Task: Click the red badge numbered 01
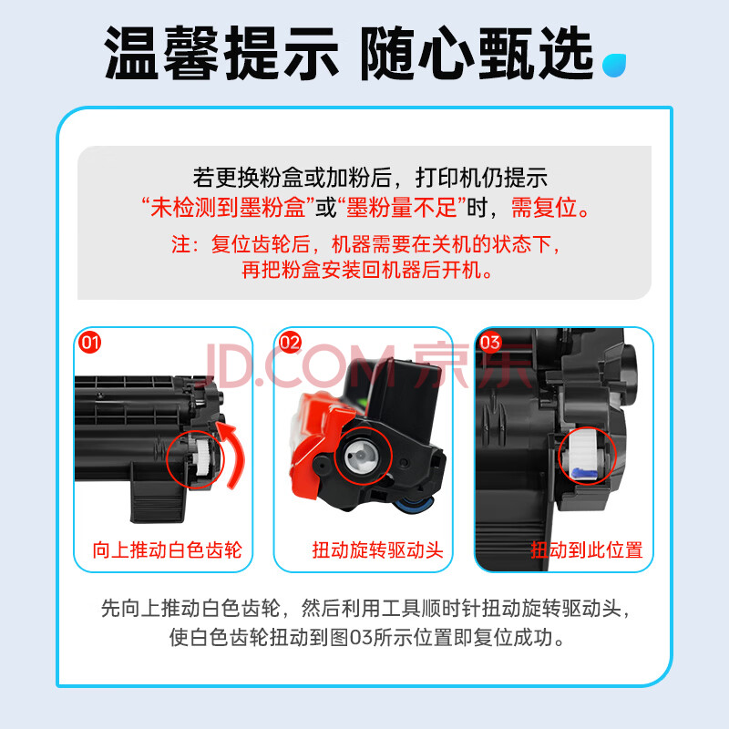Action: (x=89, y=343)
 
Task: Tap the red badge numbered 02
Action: (x=290, y=343)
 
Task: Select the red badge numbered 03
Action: (x=490, y=343)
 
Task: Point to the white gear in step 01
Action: (x=202, y=458)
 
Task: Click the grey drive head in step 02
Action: (x=361, y=456)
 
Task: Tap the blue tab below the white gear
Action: (x=583, y=474)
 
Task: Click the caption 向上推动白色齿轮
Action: (x=167, y=550)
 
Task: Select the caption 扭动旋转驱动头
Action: (x=377, y=550)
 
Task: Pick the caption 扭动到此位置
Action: (x=587, y=550)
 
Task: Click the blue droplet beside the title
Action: (x=613, y=65)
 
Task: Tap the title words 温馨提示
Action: (x=221, y=53)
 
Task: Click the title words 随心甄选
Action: (x=477, y=53)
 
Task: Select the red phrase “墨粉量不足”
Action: (x=402, y=208)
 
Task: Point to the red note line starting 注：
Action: (x=365, y=244)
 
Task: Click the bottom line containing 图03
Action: (x=366, y=637)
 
